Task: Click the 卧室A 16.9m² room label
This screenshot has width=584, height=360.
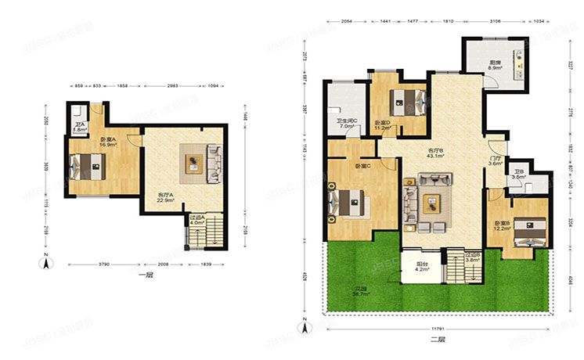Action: (x=108, y=143)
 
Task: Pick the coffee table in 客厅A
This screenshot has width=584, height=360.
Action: (x=193, y=163)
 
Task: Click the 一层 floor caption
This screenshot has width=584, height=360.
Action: (x=143, y=275)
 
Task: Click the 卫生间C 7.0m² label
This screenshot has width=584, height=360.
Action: (x=347, y=124)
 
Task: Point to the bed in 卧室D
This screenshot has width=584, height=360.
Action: (x=407, y=99)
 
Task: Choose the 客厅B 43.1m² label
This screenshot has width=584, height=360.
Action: (x=435, y=153)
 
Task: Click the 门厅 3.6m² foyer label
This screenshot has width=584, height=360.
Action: (x=495, y=161)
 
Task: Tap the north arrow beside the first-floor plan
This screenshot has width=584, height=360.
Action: (x=48, y=262)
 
